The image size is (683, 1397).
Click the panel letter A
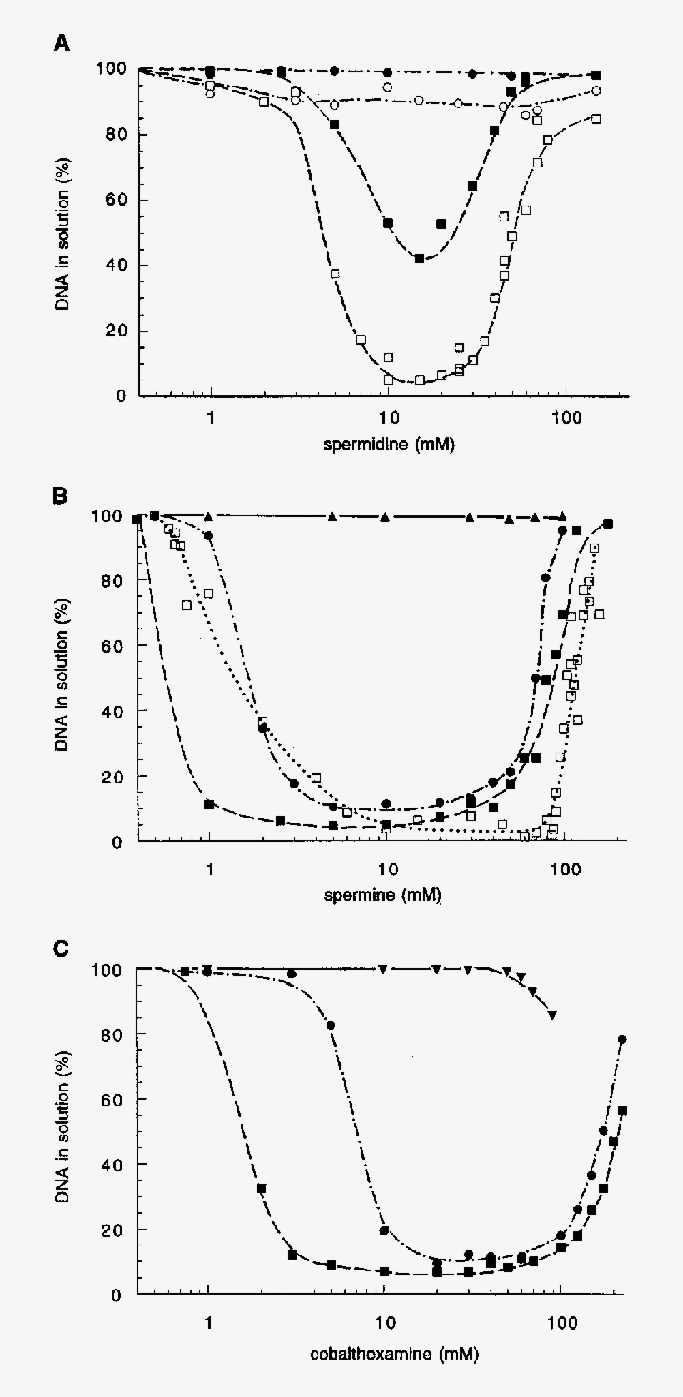coord(62,43)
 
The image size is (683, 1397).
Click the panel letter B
coord(62,496)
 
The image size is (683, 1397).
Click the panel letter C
coord(62,948)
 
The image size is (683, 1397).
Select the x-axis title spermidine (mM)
coord(389,444)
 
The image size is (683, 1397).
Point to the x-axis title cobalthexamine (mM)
coord(394,1354)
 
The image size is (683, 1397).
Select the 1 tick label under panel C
coord(208,1322)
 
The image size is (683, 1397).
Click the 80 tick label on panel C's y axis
coord(115,1034)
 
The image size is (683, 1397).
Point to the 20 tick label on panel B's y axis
coord(115,776)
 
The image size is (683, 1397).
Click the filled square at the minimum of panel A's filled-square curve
coord(420,259)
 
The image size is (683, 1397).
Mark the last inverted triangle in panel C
coord(552,1014)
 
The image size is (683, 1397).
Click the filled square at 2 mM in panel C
coord(261,1188)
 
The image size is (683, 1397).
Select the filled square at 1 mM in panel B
coord(209,804)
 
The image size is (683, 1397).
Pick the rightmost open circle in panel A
coord(596,91)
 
